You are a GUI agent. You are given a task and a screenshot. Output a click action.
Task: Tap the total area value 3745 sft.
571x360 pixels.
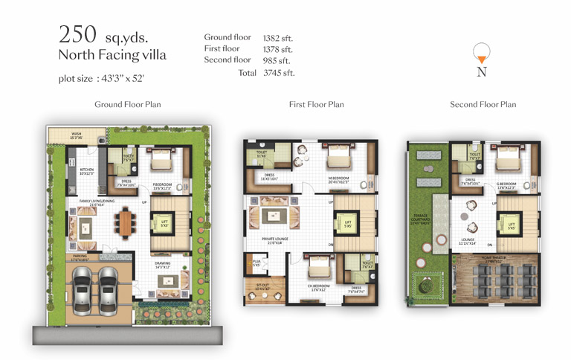(279, 73)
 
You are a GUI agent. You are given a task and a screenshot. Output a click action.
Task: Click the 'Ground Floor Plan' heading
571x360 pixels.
(128, 105)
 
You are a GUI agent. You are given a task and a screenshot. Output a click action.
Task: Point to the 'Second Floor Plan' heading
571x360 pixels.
(483, 105)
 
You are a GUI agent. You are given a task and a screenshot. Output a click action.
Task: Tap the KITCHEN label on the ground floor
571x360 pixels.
(88, 170)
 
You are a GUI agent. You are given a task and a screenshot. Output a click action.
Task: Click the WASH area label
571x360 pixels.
(76, 136)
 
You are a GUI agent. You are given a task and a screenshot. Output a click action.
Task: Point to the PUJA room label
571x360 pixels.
(256, 262)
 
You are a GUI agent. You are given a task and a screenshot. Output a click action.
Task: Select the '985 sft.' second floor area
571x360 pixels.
(277, 60)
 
